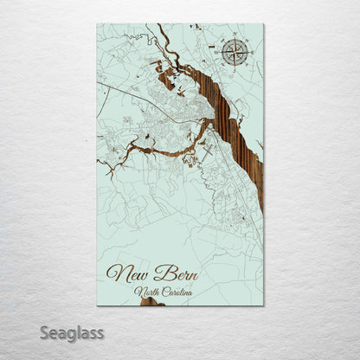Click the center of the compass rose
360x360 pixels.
tap(235, 52)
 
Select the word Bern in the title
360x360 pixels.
tap(176, 275)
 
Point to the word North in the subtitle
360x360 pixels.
tap(150, 292)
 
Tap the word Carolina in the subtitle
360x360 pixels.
tap(177, 292)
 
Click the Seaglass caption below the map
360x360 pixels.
tap(74, 332)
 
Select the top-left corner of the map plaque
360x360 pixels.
tap(97, 24)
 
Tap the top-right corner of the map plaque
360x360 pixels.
tap(264, 24)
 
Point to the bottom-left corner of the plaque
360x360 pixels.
tap(97, 305)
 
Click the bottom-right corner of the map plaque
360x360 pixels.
tap(264, 305)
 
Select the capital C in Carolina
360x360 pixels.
tap(164, 292)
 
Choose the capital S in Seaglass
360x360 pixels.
tap(48, 331)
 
